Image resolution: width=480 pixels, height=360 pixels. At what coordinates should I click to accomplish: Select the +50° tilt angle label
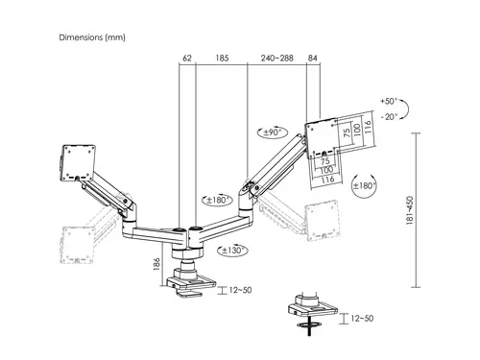point(387,101)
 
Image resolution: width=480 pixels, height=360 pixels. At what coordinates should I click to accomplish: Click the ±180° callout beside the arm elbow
point(215,202)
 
